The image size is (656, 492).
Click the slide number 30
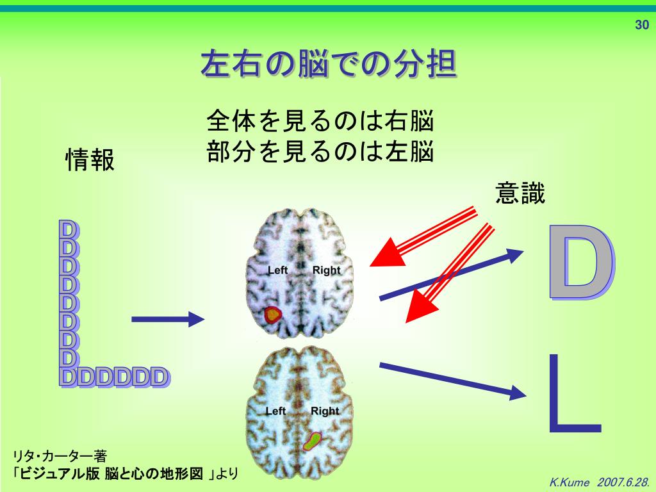pos(641,26)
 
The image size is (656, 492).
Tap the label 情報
pos(90,160)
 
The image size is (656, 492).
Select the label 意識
pos(520,193)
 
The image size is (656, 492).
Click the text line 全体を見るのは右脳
pos(320,120)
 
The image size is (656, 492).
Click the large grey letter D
pos(580,263)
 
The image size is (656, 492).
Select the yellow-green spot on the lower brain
pos(313,440)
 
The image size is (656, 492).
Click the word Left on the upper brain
pos(277,270)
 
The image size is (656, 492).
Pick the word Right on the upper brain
pos(326,270)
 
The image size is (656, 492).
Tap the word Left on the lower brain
pos(275,411)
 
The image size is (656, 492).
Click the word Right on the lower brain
pos(325,411)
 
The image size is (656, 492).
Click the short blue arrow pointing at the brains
pos(167,319)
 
